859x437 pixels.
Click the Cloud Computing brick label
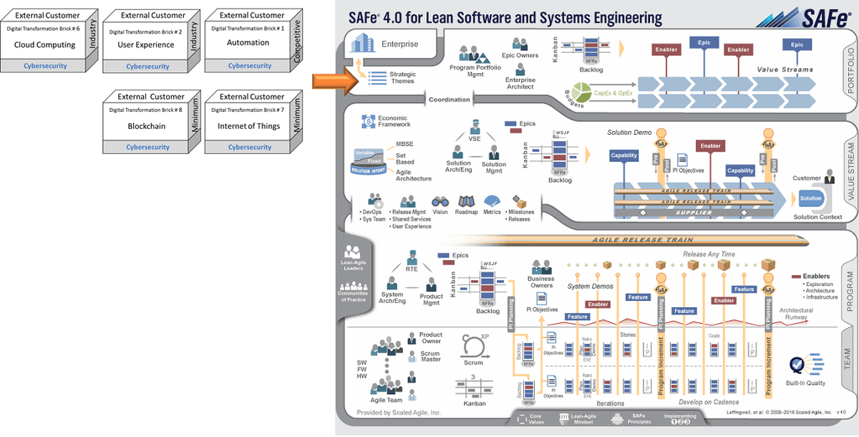tap(44, 44)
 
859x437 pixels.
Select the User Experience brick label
tap(146, 44)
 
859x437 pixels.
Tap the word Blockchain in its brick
tap(146, 126)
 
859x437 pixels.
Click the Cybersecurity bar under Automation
tap(250, 66)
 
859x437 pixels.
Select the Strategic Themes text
tap(402, 77)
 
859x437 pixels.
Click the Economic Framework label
tap(394, 121)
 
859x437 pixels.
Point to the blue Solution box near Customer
tap(811, 198)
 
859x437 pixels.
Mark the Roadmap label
tap(466, 212)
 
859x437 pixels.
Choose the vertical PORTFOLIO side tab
tap(850, 72)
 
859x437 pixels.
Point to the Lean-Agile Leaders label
tap(353, 266)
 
